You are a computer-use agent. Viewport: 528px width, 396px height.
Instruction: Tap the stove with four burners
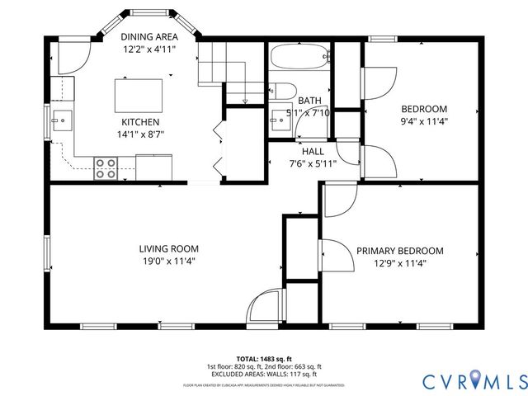[106, 167]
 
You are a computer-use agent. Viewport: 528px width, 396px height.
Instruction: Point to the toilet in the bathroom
[280, 92]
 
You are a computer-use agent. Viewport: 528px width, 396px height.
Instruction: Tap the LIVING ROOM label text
[168, 248]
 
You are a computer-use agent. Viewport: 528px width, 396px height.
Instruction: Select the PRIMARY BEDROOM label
[400, 251]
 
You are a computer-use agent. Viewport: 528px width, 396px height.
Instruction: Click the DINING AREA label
[149, 36]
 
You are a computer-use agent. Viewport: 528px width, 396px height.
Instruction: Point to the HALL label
[313, 151]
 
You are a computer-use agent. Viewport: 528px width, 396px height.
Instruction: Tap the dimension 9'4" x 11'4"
[424, 121]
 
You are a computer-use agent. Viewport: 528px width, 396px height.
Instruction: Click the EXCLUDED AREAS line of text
[264, 374]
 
